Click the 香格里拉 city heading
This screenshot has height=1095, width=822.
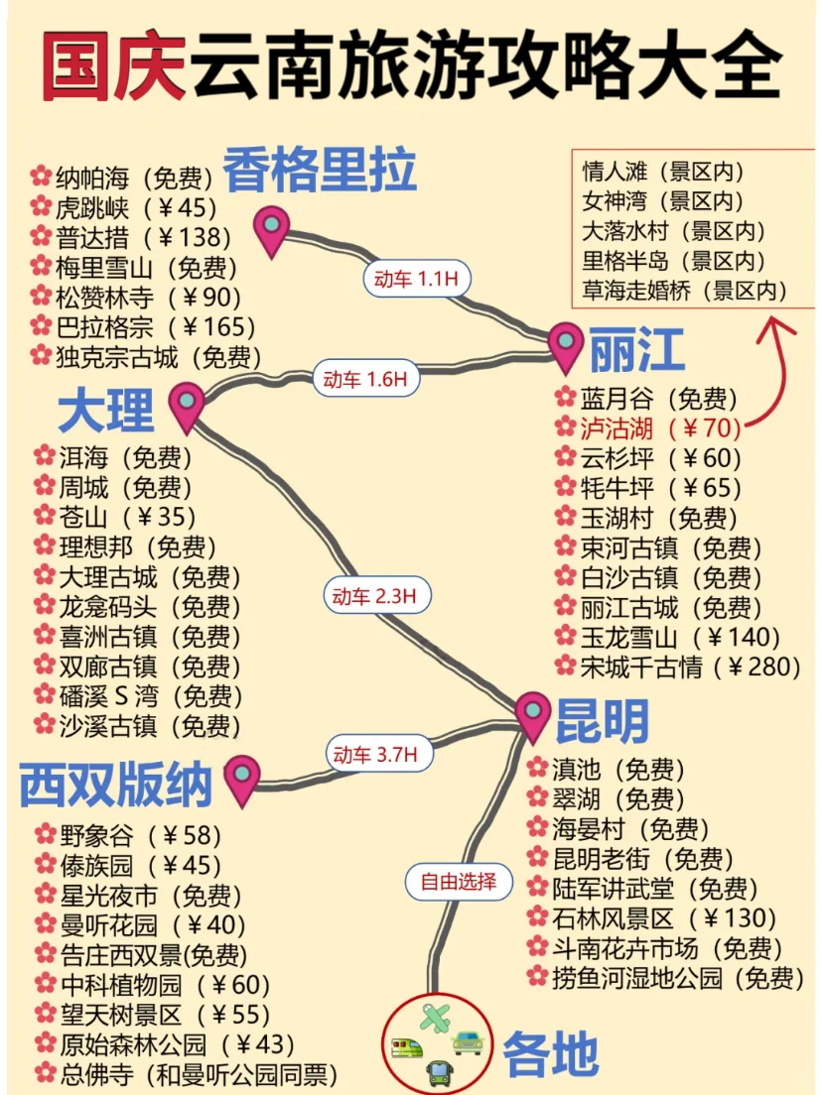[319, 170]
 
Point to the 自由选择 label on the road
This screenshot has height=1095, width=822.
[458, 880]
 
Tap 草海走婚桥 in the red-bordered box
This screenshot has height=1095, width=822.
[684, 291]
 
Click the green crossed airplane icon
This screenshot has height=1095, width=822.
[434, 1018]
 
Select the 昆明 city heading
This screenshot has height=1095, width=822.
[602, 720]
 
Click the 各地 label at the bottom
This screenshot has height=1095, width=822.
[551, 1053]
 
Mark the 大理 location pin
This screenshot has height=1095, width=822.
[187, 405]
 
